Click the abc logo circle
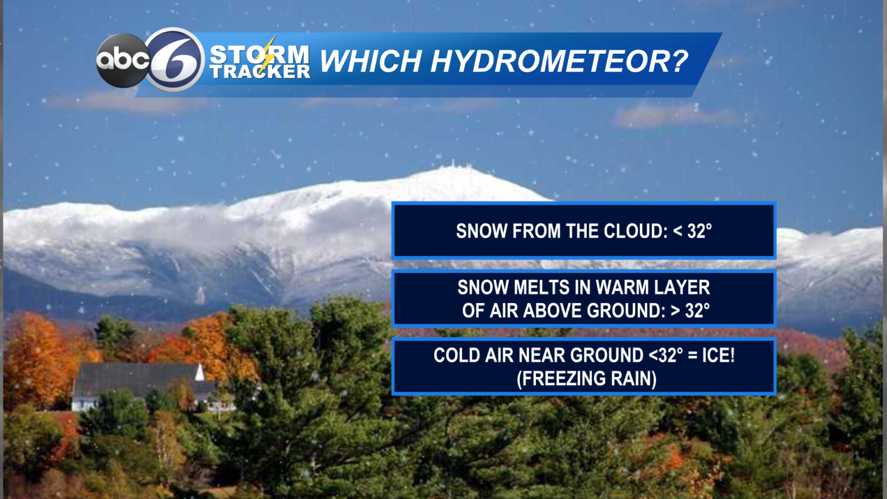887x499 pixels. coord(123,61)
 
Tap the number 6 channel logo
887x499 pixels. coord(174,59)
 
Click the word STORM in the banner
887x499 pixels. coord(259,54)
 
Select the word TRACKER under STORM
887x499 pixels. coord(260,72)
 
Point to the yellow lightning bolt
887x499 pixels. coord(269,55)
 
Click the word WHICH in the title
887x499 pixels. coord(370,61)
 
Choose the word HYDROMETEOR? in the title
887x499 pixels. coord(559,61)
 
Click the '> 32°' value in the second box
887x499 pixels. coord(690,311)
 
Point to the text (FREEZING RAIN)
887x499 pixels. coord(587,379)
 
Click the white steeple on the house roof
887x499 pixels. coord(200,372)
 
